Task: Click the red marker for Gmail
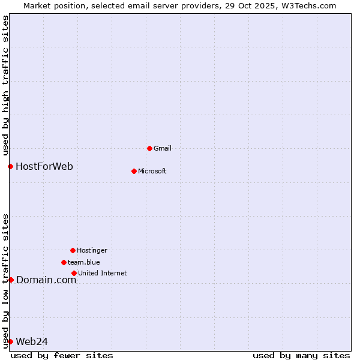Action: click(149, 148)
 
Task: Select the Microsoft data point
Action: click(134, 171)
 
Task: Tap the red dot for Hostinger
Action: click(73, 250)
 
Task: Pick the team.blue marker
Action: click(64, 262)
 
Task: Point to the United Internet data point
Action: click(74, 273)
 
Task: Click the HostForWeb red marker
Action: click(10, 166)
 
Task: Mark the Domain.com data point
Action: click(11, 280)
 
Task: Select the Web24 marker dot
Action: click(10, 341)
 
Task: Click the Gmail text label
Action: click(163, 148)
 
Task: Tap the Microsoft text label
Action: click(152, 171)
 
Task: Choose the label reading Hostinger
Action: click(92, 250)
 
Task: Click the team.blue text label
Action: click(84, 262)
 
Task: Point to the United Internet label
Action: click(103, 273)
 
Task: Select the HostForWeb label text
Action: click(44, 166)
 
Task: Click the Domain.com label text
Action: click(46, 280)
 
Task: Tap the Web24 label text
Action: click(32, 341)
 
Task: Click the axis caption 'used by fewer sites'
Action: click(62, 355)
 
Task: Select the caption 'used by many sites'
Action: click(301, 355)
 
